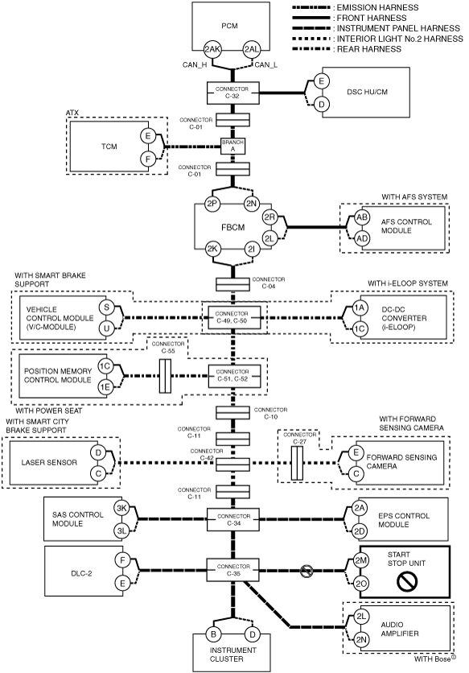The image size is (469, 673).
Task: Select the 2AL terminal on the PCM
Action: pyautogui.click(x=252, y=49)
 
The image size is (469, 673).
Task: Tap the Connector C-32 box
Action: pyautogui.click(x=233, y=93)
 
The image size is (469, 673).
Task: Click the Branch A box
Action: pyautogui.click(x=233, y=146)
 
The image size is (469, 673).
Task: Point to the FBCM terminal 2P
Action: pyautogui.click(x=212, y=204)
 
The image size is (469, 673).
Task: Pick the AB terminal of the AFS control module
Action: pyautogui.click(x=363, y=217)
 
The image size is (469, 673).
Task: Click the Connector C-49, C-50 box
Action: pyautogui.click(x=234, y=318)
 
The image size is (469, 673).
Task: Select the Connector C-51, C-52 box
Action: pyautogui.click(x=234, y=376)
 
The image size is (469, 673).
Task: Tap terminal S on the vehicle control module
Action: pyautogui.click(x=106, y=308)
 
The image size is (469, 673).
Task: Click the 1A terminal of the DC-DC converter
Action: pyautogui.click(x=360, y=308)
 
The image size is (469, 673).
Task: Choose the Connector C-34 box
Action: pyautogui.click(x=233, y=519)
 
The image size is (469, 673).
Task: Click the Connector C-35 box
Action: pyautogui.click(x=233, y=570)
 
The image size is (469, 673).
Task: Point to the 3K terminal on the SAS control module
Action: pyautogui.click(x=121, y=509)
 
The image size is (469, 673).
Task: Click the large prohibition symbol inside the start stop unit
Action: pyautogui.click(x=407, y=581)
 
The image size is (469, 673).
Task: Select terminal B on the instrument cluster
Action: pyautogui.click(x=213, y=634)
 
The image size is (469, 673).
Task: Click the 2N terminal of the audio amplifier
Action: pyautogui.click(x=361, y=640)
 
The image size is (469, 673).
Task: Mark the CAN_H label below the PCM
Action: pyautogui.click(x=195, y=65)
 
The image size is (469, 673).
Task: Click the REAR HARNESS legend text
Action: pyautogui.click(x=369, y=49)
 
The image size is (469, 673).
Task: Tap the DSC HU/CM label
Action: pyautogui.click(x=368, y=92)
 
